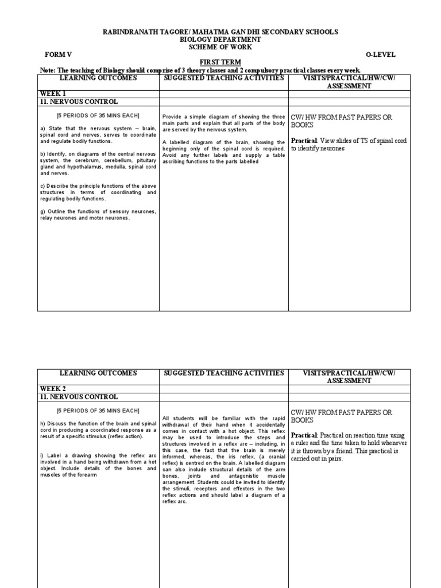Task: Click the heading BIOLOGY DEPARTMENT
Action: [220, 39]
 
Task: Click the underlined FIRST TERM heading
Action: [220, 62]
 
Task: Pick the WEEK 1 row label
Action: [53, 93]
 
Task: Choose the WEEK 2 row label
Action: [53, 389]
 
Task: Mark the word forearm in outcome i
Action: [86, 475]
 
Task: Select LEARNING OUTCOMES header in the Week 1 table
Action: [98, 78]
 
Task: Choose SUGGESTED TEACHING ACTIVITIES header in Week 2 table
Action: [223, 373]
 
